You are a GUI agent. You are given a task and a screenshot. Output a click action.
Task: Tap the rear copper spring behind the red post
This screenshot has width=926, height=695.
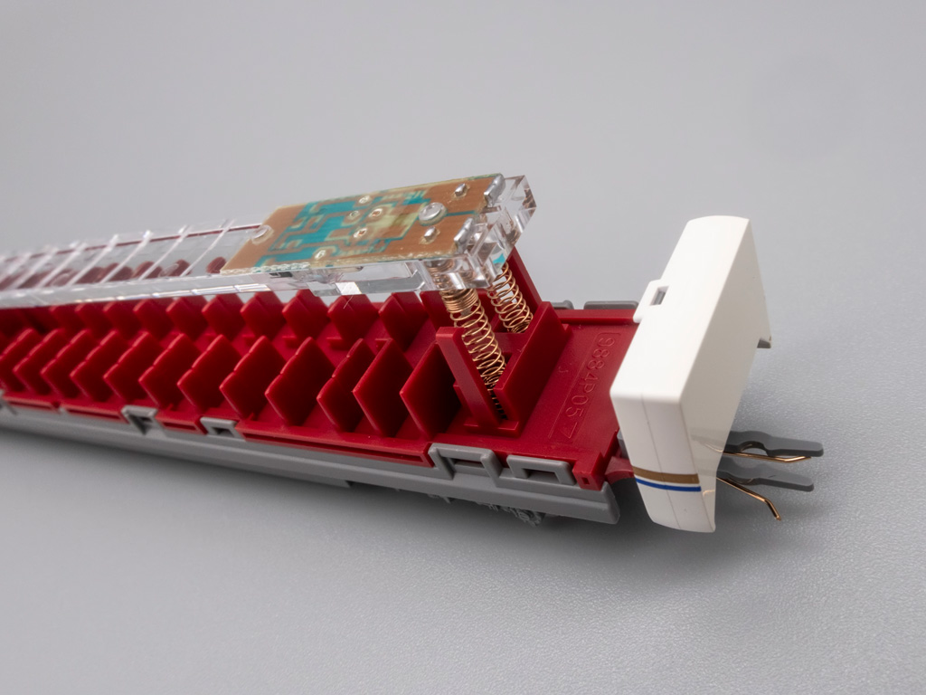pyautogui.click(x=511, y=298)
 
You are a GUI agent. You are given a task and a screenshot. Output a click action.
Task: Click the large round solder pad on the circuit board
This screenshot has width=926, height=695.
pyautogui.click(x=432, y=213)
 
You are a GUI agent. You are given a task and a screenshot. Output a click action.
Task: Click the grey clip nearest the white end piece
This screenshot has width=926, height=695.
pyautogui.click(x=541, y=470)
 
